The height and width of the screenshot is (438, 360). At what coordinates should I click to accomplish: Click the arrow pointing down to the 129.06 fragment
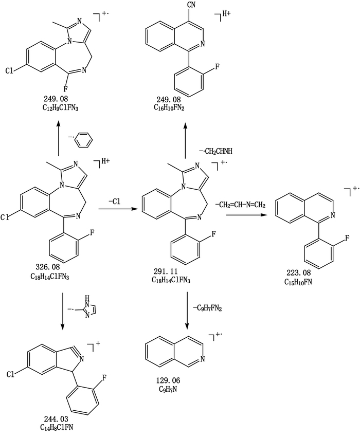coord(187,311)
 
